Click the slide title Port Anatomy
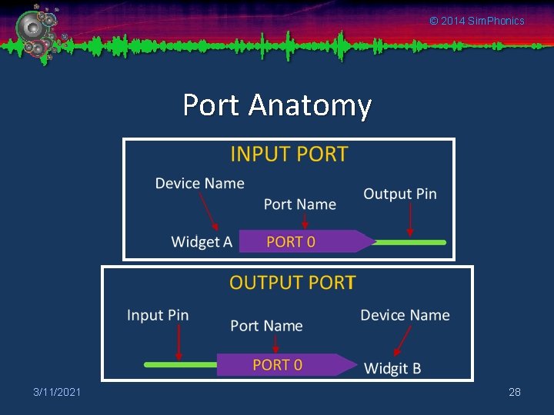pyautogui.click(x=277, y=105)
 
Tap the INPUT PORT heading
pyautogui.click(x=289, y=154)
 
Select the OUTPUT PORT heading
pyautogui.click(x=292, y=282)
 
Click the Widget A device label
pyautogui.click(x=202, y=242)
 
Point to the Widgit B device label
pyautogui.click(x=392, y=368)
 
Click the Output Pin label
pyautogui.click(x=399, y=194)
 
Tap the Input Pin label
pyautogui.click(x=158, y=315)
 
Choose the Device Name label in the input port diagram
pyautogui.click(x=199, y=183)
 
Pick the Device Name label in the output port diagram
pyautogui.click(x=405, y=315)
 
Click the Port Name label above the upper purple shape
pyautogui.click(x=299, y=204)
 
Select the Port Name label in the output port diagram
pyautogui.click(x=266, y=326)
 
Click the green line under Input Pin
pyautogui.click(x=181, y=364)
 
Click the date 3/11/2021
pyautogui.click(x=57, y=393)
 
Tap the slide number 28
pyautogui.click(x=515, y=393)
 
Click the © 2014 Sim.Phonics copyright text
pyautogui.click(x=476, y=21)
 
